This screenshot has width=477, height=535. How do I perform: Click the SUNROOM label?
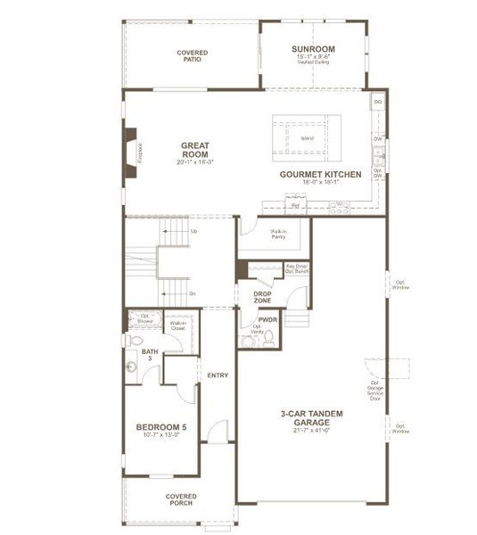pos(313,48)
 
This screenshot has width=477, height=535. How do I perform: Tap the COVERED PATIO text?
pos(192,56)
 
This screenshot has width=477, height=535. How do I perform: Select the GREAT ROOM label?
pos(194,150)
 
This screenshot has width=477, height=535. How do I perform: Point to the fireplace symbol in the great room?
pos(132,148)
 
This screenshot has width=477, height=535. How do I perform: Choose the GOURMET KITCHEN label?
pos(320,175)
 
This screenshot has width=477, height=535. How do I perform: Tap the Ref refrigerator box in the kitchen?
pos(295,206)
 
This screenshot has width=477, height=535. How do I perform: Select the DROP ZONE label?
pos(262,298)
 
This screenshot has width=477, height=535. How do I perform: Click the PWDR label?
pos(267,318)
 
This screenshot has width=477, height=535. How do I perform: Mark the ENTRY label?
pos(218,375)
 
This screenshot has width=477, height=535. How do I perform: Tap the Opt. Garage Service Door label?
pos(375,390)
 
